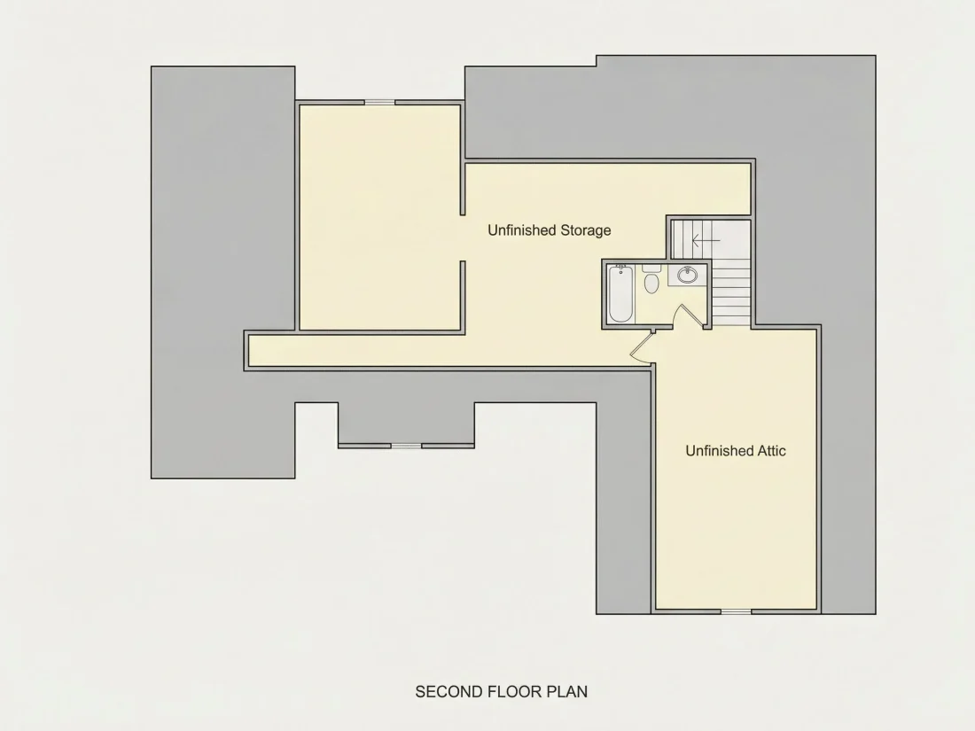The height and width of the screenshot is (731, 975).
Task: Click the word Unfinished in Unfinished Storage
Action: (521, 230)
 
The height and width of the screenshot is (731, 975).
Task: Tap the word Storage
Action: (586, 230)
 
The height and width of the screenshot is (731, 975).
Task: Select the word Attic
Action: (772, 451)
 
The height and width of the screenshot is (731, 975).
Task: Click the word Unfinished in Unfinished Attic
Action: (719, 451)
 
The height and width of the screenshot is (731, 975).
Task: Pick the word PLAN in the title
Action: (567, 692)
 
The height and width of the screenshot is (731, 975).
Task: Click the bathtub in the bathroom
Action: (620, 293)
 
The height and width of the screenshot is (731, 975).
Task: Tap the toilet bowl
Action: (651, 284)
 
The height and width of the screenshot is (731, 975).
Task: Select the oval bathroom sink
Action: (687, 275)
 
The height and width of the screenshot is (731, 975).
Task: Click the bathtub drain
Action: (620, 272)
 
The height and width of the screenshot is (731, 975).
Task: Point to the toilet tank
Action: (651, 268)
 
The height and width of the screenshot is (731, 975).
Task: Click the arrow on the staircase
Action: (706, 239)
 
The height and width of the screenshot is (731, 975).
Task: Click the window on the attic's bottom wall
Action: (737, 611)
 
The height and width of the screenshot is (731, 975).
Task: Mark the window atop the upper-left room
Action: (380, 103)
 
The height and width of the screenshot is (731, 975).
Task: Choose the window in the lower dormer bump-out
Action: (406, 446)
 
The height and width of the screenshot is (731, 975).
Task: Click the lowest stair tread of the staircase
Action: (731, 319)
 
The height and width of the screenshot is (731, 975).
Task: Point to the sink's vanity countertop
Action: (687, 275)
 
